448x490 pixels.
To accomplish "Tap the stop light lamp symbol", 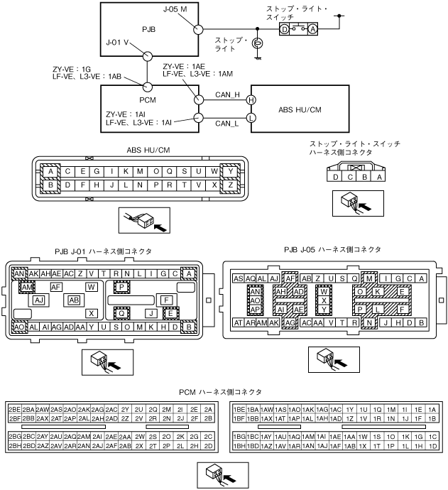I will tap(258, 43).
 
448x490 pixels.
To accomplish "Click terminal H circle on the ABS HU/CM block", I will tap(251, 101).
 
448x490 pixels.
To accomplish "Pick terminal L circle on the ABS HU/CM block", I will tap(251, 117).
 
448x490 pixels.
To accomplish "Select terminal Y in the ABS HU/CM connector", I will tap(231, 171).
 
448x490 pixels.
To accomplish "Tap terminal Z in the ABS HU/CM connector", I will tap(231, 185).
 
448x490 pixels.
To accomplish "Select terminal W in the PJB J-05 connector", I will tap(324, 291).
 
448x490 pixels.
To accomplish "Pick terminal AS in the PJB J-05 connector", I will tap(239, 278).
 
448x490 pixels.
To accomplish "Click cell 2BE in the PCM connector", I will tap(15, 410).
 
